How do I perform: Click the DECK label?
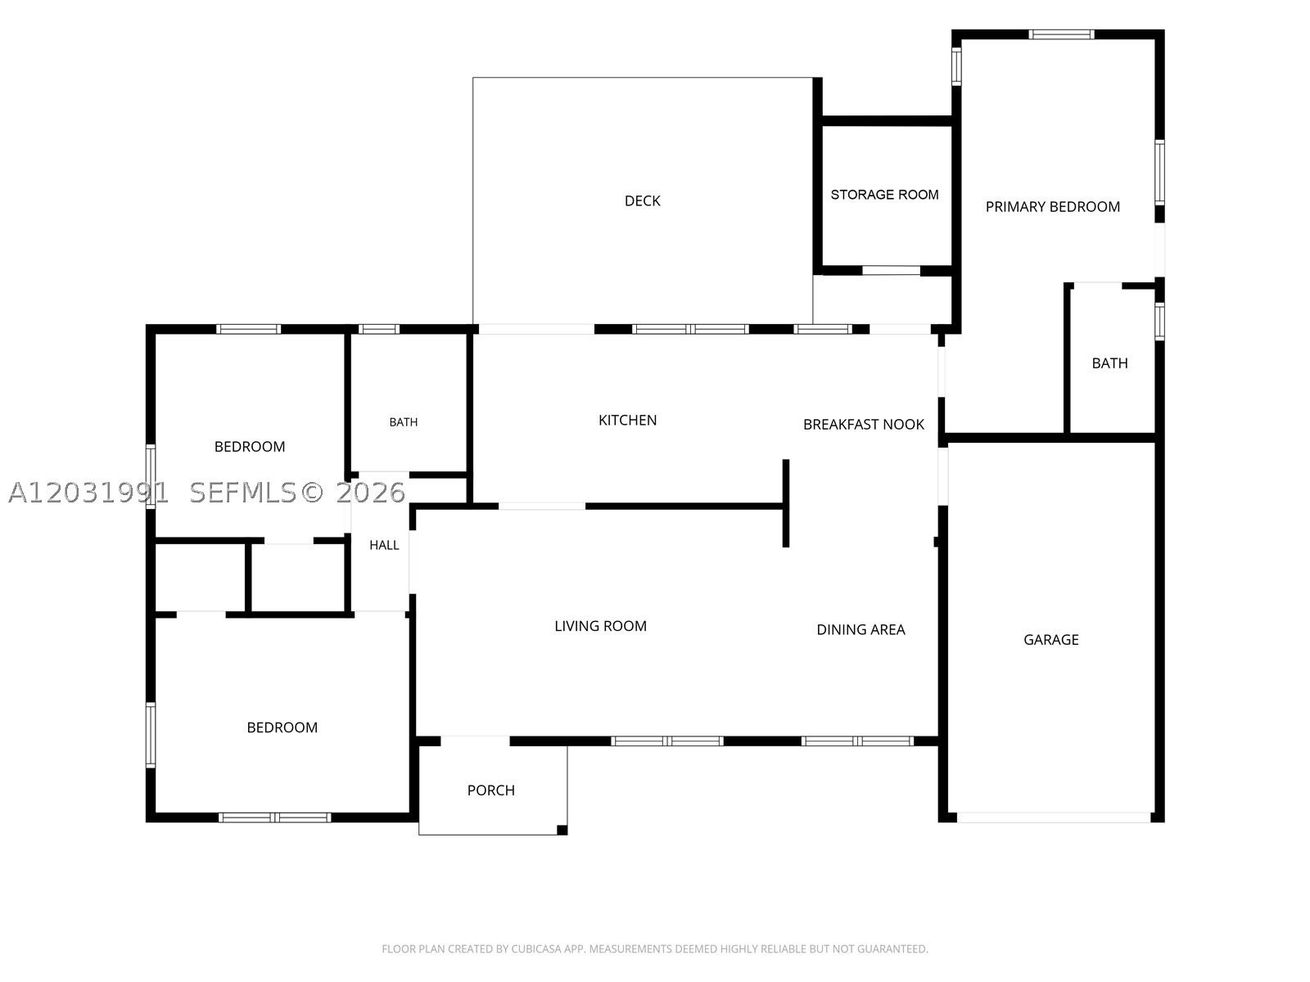[642, 201]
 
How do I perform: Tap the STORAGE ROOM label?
[884, 195]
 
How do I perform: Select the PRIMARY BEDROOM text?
[1052, 207]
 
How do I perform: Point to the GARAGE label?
[1051, 640]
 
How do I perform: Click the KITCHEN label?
[627, 421]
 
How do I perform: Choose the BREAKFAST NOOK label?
[864, 425]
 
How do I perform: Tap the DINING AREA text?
[861, 629]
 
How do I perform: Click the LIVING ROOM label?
[600, 626]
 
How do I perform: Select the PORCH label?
[490, 790]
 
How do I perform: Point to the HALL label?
[384, 545]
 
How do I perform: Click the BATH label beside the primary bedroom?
[1109, 363]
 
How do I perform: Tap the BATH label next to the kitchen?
[404, 422]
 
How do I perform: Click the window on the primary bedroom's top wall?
[1061, 34]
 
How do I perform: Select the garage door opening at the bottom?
[1054, 818]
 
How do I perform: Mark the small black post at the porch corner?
[562, 830]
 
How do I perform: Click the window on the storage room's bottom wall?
[891, 271]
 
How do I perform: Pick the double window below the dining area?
[857, 741]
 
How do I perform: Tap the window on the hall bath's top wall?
[379, 329]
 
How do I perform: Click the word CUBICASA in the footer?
[535, 949]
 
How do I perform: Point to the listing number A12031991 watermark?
[88, 493]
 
